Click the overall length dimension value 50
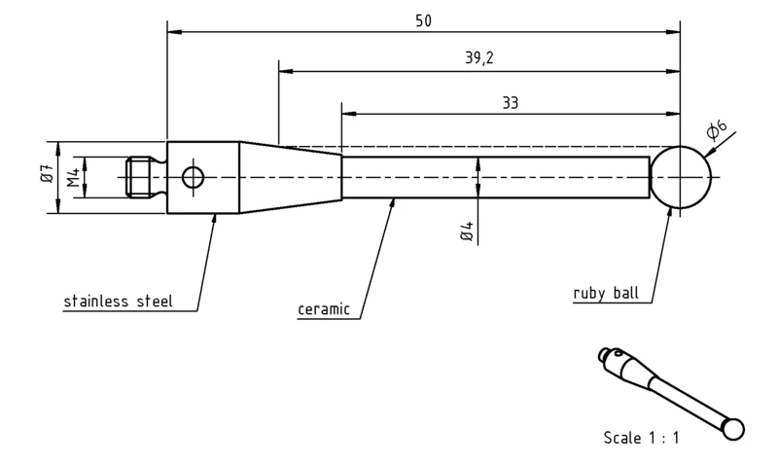[423, 20]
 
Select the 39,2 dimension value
[479, 58]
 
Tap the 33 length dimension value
[510, 103]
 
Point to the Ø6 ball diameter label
[716, 129]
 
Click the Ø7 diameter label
[48, 172]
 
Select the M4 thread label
[74, 177]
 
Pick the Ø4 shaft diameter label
[468, 231]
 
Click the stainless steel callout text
[118, 302]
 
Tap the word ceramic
[324, 309]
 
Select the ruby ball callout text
[606, 293]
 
